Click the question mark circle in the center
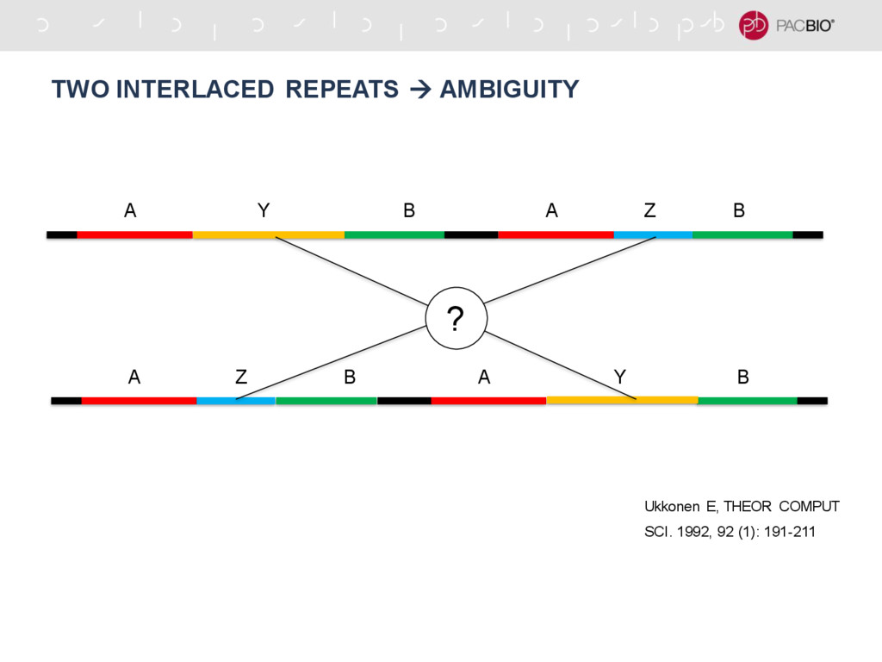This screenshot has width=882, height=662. click(x=457, y=318)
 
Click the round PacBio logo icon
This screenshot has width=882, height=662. click(x=754, y=25)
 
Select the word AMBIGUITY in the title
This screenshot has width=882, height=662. click(x=509, y=89)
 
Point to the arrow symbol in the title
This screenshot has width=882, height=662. click(x=419, y=89)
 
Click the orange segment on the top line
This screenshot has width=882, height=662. click(x=268, y=234)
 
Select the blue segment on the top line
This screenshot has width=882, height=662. click(x=653, y=234)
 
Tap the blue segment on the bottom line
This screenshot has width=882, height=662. click(x=235, y=400)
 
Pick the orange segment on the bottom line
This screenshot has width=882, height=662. click(x=622, y=400)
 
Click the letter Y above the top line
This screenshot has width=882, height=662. click(x=263, y=210)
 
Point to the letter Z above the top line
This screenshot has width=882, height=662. click(x=649, y=210)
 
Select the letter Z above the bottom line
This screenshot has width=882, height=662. click(x=241, y=377)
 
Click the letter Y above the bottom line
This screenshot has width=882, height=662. click(x=619, y=377)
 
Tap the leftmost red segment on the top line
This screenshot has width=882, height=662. click(x=134, y=234)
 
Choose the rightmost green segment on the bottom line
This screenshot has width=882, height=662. click(x=747, y=400)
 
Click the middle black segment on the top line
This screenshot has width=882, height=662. click(x=471, y=234)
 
